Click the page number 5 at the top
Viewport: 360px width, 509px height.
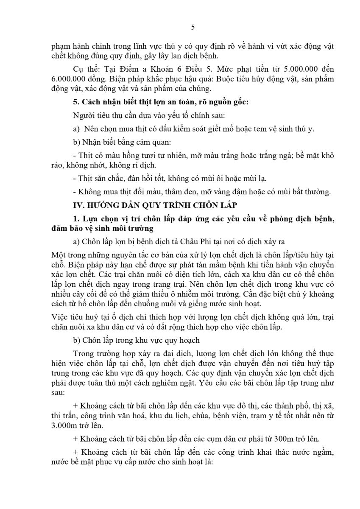coord(193,28)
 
